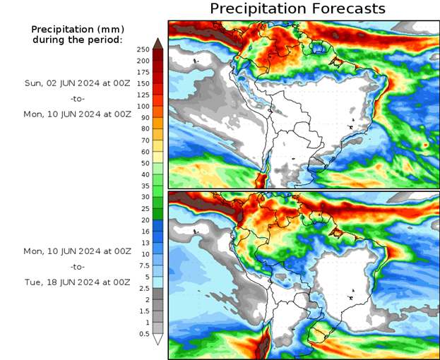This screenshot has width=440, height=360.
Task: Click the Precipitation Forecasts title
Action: pyautogui.click(x=297, y=8)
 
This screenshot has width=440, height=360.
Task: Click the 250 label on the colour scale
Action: pyautogui.click(x=143, y=49)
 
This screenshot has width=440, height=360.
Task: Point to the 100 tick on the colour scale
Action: pyautogui.click(x=143, y=106)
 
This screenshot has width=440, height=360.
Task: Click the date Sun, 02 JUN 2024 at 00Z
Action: pyautogui.click(x=78, y=83)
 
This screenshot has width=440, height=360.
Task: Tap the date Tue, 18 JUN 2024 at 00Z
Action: pyautogui.click(x=78, y=282)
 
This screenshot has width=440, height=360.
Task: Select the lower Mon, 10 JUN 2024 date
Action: pyautogui.click(x=78, y=251)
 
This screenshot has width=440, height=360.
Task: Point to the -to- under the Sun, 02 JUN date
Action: pyautogui.click(x=78, y=98)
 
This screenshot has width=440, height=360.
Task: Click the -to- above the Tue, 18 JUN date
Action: pyautogui.click(x=78, y=267)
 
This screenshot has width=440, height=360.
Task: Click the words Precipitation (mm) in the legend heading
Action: pyautogui.click(x=78, y=30)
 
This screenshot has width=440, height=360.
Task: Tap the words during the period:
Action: pyautogui.click(x=78, y=40)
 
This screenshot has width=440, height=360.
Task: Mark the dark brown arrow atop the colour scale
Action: pyautogui.click(x=158, y=43)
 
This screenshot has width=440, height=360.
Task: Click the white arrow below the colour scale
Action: pyautogui.click(x=158, y=340)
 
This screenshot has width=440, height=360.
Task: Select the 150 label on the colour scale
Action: pyautogui.click(x=143, y=83)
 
